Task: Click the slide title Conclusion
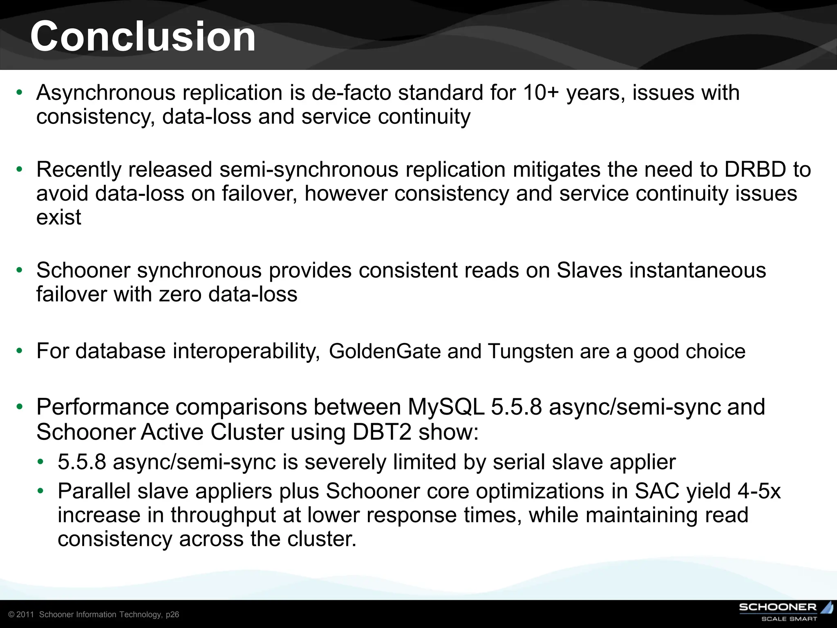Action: pyautogui.click(x=143, y=37)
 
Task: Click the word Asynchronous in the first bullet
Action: pyautogui.click(x=106, y=93)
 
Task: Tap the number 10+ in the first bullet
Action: pyautogui.click(x=540, y=93)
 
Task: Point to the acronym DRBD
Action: pyautogui.click(x=755, y=170)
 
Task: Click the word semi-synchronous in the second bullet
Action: pyautogui.click(x=309, y=170)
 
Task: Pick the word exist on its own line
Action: pyautogui.click(x=58, y=217)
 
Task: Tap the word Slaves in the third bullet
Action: pyautogui.click(x=589, y=271)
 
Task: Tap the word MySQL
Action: pyautogui.click(x=446, y=407)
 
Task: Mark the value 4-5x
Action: pyautogui.click(x=759, y=491)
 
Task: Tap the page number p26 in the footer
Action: pyautogui.click(x=172, y=615)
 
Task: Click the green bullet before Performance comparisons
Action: pyautogui.click(x=19, y=407)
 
